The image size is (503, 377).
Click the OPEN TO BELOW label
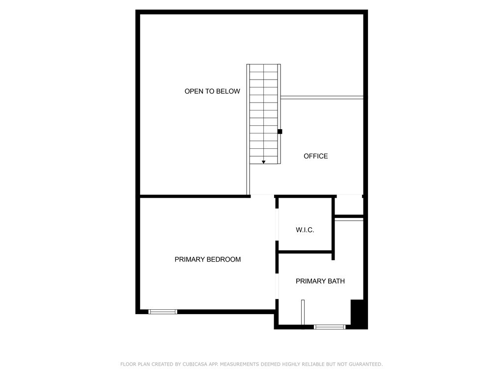212,91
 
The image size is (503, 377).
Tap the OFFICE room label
315,156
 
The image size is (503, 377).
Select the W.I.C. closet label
305,230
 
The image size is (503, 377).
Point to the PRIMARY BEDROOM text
208,259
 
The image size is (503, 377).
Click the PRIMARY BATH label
320,281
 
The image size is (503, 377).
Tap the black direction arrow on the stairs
264,162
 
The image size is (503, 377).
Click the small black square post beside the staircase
280,132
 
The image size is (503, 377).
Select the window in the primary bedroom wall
163,311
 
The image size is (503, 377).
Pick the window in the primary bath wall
330,326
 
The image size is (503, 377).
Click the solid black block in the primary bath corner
359,314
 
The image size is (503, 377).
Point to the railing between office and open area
322,98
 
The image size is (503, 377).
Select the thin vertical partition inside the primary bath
303,312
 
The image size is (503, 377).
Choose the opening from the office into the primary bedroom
262,196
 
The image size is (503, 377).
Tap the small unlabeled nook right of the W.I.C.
349,205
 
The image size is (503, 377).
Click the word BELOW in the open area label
229,91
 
